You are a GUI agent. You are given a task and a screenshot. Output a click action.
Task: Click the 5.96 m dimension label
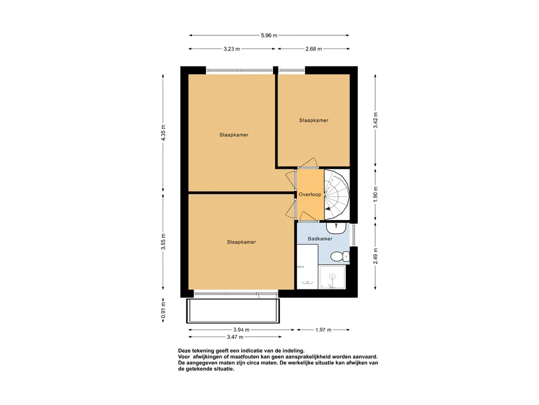point(269,35)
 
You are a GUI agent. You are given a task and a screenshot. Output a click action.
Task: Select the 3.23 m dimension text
point(231,49)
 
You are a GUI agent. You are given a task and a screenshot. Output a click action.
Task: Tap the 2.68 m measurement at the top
point(313,49)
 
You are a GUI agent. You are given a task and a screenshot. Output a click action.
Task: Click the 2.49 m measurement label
point(375,257)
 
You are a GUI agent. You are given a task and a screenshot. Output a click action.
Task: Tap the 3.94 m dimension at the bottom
point(242,330)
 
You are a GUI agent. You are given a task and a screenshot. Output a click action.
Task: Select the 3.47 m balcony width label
point(235,337)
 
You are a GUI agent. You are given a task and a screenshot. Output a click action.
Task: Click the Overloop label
point(310,195)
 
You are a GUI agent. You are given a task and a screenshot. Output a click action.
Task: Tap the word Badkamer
point(320,239)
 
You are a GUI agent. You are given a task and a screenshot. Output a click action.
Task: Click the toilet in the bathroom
point(338,257)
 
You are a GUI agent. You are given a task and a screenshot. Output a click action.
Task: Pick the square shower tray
point(332,277)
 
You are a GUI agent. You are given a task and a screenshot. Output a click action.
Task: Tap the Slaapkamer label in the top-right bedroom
point(314,120)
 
